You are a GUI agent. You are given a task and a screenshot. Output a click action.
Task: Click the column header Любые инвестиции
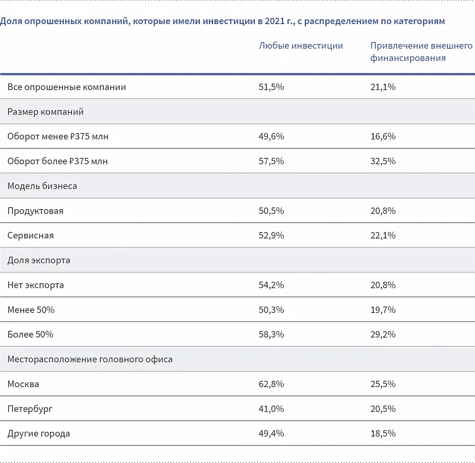(301, 46)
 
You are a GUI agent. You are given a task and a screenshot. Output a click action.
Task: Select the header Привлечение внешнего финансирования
(421, 52)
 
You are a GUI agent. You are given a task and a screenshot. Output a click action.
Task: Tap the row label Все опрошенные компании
(66, 87)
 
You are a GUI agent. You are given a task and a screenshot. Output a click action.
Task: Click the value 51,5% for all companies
(271, 87)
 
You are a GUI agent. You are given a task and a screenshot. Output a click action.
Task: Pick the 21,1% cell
(383, 87)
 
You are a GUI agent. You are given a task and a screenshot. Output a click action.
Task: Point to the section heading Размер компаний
(45, 112)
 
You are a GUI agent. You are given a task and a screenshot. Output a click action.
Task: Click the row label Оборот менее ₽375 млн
(58, 136)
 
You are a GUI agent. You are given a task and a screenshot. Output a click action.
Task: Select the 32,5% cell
(383, 161)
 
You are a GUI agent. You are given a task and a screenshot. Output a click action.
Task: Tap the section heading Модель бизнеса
(42, 186)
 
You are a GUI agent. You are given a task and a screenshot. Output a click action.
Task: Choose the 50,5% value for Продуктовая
(271, 211)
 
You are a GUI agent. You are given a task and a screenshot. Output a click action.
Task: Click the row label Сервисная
(30, 236)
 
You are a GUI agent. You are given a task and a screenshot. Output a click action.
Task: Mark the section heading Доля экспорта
(39, 260)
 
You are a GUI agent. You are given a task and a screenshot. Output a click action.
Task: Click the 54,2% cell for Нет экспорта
(271, 285)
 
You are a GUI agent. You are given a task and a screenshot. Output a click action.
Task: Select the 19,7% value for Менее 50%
(383, 310)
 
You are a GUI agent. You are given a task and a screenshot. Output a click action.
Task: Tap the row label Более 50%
(30, 335)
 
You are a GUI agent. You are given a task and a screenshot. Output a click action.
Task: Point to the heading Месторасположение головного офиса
(90, 359)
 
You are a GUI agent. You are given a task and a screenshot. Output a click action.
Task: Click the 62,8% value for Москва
(271, 384)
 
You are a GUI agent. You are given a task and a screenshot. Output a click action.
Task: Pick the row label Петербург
(30, 409)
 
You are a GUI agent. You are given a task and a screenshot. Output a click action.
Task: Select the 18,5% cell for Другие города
(383, 433)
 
